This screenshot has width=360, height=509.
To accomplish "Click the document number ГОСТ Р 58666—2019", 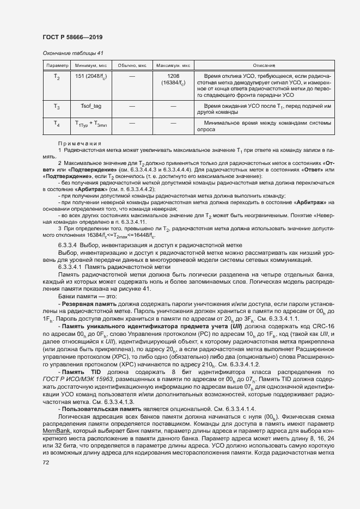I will [x=72, y=37].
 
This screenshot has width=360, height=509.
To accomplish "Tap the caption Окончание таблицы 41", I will [x=72, y=53].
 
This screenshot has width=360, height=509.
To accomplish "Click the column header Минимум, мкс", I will [x=90, y=65].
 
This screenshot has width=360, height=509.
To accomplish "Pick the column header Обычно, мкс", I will [x=132, y=65].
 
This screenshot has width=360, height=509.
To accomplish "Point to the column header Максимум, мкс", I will [x=173, y=65].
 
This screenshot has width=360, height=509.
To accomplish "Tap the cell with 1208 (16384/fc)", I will [x=173, y=79].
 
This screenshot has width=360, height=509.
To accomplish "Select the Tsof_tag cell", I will [x=90, y=106].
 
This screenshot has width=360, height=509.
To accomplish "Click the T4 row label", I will [x=57, y=124].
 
